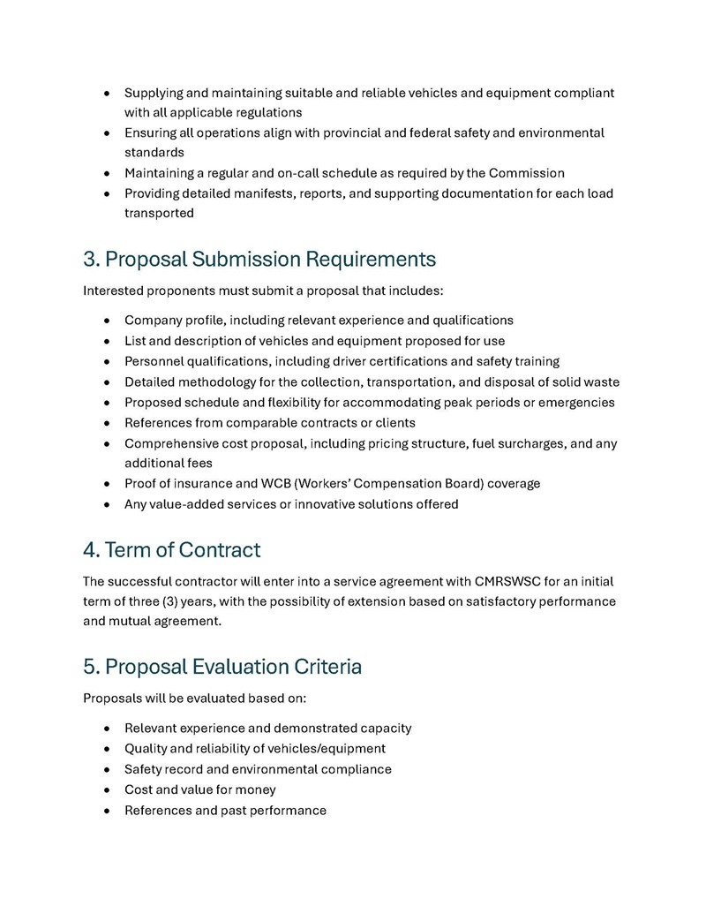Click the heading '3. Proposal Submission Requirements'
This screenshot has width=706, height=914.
[259, 259]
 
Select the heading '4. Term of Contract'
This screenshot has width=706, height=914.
[171, 550]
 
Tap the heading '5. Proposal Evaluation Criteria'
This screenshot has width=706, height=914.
[222, 667]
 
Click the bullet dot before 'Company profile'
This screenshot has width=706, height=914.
[107, 321]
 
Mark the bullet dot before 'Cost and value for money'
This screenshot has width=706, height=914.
[107, 790]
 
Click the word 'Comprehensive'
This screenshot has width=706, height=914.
[169, 443]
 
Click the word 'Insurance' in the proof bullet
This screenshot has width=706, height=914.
[199, 484]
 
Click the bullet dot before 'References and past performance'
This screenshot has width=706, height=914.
[107, 811]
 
